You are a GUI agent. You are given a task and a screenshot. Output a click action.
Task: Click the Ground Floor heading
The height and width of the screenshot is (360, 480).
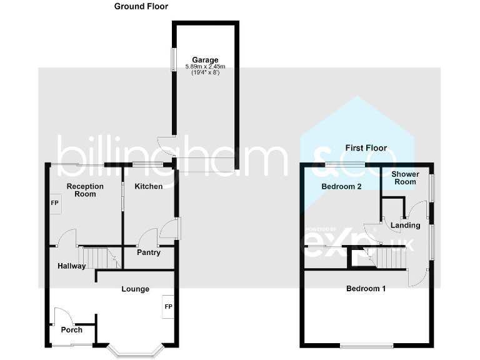pyautogui.click(x=141, y=6)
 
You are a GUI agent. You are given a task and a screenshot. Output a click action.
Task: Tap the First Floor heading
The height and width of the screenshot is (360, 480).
pyautogui.click(x=366, y=148)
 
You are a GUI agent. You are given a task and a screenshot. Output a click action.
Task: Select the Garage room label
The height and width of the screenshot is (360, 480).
pyautogui.click(x=206, y=61)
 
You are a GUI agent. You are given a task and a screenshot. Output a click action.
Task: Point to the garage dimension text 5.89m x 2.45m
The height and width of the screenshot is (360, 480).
pyautogui.click(x=206, y=67)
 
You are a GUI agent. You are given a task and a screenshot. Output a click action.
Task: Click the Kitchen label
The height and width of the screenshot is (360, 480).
pyautogui.click(x=149, y=186)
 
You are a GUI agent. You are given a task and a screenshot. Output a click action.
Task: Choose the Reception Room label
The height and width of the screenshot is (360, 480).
pyautogui.click(x=85, y=190)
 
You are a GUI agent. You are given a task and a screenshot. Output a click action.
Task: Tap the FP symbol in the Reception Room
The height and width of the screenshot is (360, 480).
pyautogui.click(x=54, y=204)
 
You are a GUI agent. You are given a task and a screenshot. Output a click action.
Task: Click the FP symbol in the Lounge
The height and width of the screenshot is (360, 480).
pyautogui.click(x=168, y=307)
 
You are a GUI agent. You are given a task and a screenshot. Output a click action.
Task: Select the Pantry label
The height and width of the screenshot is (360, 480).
pyautogui.click(x=149, y=252)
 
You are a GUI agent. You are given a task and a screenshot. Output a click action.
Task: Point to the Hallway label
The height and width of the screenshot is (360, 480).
pyautogui.click(x=71, y=266)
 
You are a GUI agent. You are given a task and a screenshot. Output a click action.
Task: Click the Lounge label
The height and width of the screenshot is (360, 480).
pyautogui.click(x=135, y=289)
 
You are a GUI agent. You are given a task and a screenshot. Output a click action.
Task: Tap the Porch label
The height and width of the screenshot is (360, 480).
pyautogui.click(x=71, y=329)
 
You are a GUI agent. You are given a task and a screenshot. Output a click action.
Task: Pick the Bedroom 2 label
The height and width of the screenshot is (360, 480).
pyautogui.click(x=341, y=187)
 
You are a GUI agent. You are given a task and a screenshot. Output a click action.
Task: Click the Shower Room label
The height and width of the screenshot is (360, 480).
pyautogui.click(x=404, y=178)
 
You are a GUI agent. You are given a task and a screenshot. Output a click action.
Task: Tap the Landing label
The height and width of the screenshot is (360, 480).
pyautogui.click(x=405, y=225)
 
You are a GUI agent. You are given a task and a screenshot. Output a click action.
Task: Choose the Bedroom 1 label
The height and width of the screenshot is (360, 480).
pyautogui.click(x=366, y=289)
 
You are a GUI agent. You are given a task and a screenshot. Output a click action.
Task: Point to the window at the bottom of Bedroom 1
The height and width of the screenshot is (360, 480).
pyautogui.click(x=367, y=344)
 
